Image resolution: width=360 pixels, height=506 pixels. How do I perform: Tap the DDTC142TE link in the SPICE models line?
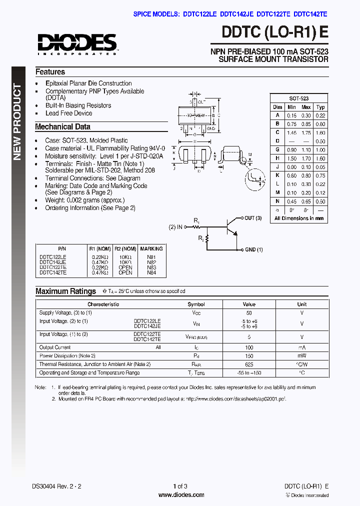coord(311,15)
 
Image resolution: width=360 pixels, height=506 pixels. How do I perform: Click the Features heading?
coord(50,72)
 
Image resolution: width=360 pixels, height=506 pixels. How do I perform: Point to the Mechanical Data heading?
coord(62,127)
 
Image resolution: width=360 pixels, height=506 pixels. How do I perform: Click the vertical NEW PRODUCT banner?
coord(17,122)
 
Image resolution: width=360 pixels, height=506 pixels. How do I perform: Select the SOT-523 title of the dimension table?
coord(298,98)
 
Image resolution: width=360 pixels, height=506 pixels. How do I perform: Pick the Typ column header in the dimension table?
coord(320,107)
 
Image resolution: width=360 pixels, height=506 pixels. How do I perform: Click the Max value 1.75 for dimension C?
coord(306,132)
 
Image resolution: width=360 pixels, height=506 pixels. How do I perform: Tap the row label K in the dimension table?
coord(277,175)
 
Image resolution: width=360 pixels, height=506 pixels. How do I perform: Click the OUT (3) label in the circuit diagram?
coord(253,218)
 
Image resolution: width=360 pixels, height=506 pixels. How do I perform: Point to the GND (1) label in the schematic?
coord(253,249)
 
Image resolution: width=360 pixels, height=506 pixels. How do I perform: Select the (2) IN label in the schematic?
coord(175,227)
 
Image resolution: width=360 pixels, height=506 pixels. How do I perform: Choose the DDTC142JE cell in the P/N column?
coord(52,261)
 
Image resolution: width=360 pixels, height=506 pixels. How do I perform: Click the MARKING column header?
coord(151,248)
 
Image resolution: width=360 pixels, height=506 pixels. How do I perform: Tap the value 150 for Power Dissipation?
coord(249,356)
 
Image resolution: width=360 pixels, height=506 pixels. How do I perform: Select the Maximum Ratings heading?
coord(65,291)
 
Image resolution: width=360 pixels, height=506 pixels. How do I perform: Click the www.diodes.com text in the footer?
coord(180,495)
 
